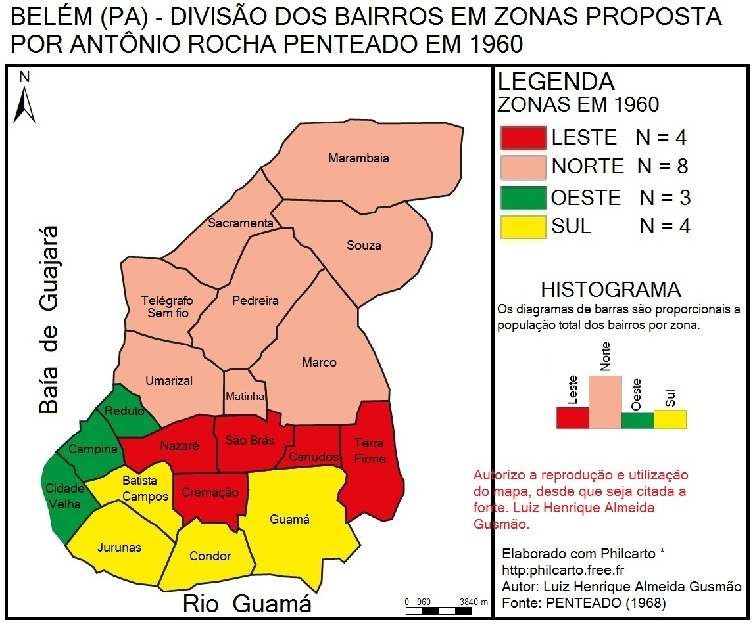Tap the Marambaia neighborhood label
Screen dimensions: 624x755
358,158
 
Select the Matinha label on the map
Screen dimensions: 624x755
245,397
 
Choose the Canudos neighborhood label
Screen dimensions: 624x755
314,457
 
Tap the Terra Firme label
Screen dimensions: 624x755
370,451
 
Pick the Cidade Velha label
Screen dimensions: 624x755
64,496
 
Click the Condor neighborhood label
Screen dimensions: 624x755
210,556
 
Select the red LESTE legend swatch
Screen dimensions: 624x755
523,138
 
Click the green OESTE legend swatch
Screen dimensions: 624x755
523,198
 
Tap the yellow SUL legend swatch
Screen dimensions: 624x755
523,227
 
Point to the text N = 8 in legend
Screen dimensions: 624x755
662,167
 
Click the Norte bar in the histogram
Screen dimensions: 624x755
604,401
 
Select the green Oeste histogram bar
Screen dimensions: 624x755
637,420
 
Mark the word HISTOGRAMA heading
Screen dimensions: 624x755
610,290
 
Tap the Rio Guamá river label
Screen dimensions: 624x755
247,604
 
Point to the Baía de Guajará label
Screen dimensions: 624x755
49,320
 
